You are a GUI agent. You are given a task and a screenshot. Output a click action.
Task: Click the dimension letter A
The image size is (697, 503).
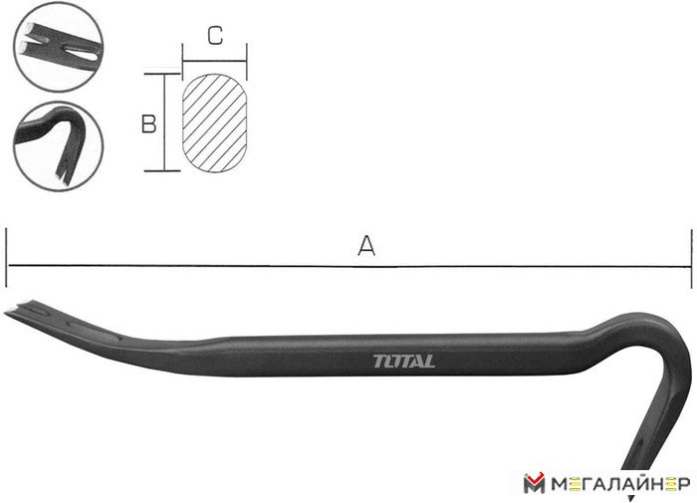click(x=366, y=246)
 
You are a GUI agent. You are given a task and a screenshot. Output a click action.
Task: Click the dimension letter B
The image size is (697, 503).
click(x=148, y=124)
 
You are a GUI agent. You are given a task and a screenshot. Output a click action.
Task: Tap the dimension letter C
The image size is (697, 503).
click(x=215, y=35)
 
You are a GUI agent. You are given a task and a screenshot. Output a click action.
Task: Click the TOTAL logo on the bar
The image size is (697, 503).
click(x=403, y=361)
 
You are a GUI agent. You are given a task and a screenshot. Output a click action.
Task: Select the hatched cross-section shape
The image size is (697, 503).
click(x=215, y=123)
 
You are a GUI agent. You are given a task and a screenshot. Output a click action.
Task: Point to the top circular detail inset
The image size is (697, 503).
click(x=58, y=47)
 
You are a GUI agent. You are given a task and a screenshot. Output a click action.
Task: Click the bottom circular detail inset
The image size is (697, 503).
click(x=58, y=146)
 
